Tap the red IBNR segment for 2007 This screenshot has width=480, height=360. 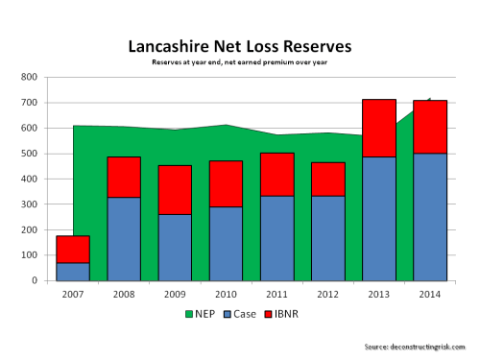(73, 249)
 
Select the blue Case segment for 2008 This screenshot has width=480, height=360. (124, 238)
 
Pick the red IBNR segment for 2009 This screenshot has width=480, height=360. (175, 189)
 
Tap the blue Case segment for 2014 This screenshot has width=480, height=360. (430, 217)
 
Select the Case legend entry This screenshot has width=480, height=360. (238, 314)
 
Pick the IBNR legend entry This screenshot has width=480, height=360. (286, 314)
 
